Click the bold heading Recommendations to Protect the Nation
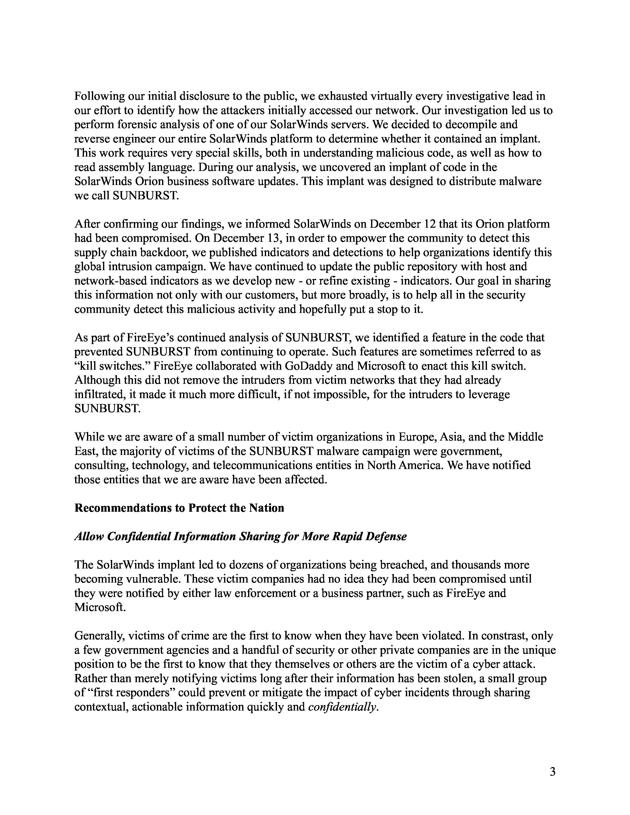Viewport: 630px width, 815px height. (x=179, y=508)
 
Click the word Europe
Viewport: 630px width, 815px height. (x=417, y=437)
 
